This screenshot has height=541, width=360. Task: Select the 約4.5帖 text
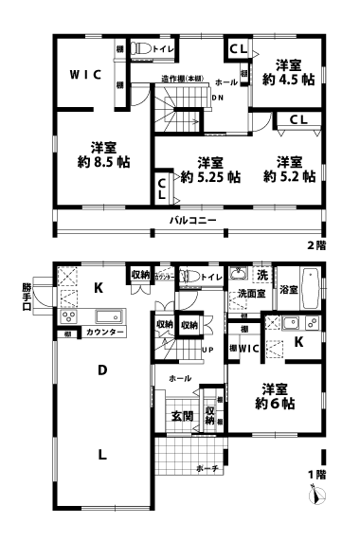[288, 81]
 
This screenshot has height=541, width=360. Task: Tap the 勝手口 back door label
[27, 295]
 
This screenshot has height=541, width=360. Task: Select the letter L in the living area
[100, 454]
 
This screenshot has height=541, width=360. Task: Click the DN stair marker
[217, 97]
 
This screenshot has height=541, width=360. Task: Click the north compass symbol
[320, 494]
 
